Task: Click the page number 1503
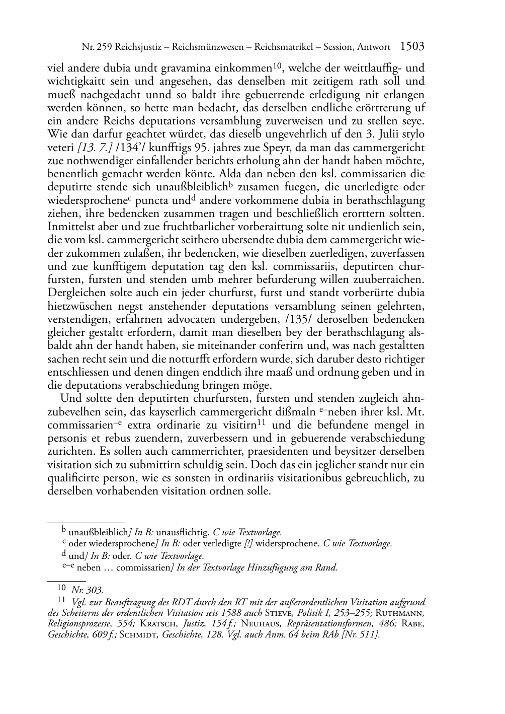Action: pyautogui.click(x=412, y=47)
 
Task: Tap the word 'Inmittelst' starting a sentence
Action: pyautogui.click(x=71, y=227)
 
